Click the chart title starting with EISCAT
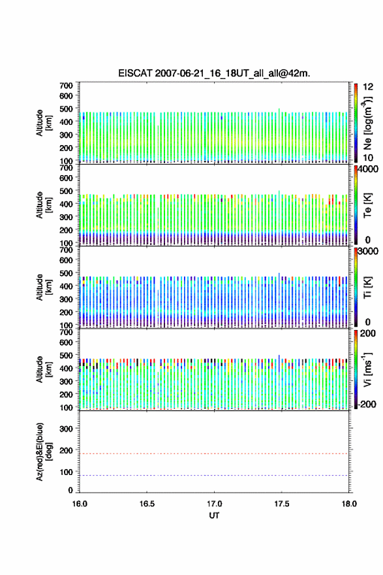[214, 73]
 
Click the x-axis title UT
[214, 516]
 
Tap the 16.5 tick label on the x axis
[147, 504]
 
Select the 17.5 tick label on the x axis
[282, 504]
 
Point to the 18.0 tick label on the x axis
[349, 504]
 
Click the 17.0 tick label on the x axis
[214, 504]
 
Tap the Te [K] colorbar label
[367, 205]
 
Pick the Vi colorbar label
[367, 369]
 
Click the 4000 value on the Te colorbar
[367, 169]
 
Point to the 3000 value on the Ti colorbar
[367, 251]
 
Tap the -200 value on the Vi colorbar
[367, 404]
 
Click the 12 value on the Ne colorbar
[368, 87]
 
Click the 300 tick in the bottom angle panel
[66, 429]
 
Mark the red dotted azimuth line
[214, 453]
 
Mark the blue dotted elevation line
[214, 475]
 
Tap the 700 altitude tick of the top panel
[66, 86]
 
